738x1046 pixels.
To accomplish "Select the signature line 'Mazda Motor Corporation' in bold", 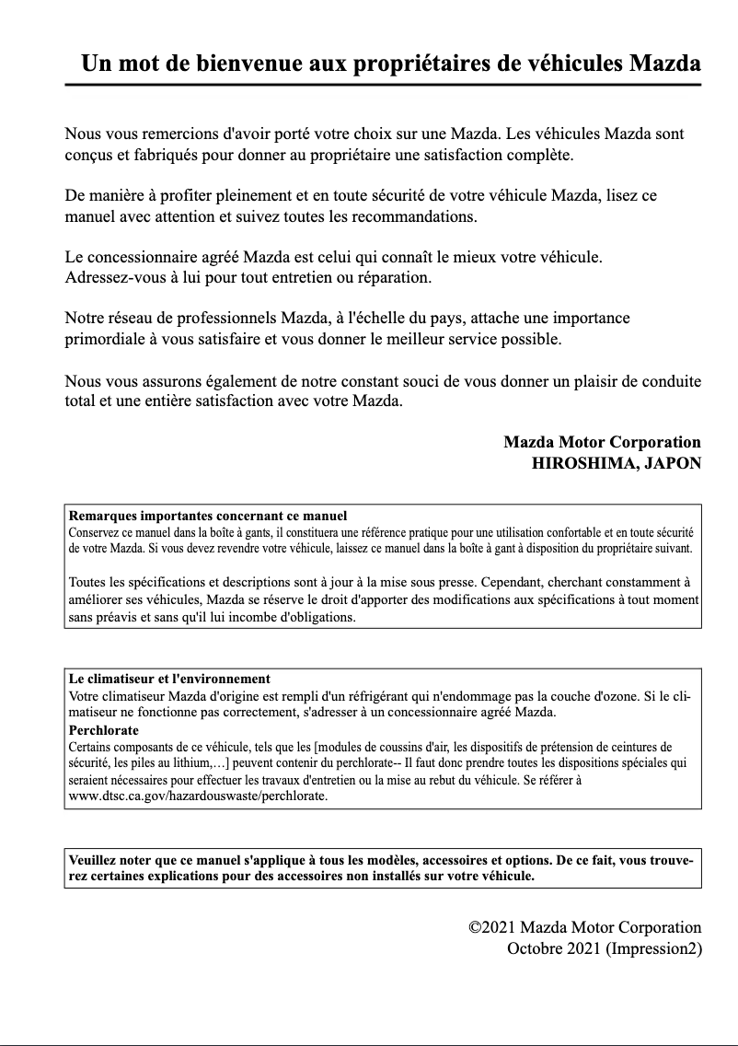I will click(602, 442).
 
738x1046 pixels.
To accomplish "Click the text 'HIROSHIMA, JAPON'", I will click(616, 463).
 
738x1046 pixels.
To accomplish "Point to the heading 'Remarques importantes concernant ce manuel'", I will click(208, 516).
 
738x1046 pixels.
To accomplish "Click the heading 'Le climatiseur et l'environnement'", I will click(169, 679).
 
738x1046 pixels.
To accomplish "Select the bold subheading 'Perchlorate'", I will click(104, 730).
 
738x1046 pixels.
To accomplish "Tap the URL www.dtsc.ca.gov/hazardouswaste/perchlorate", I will click(198, 796).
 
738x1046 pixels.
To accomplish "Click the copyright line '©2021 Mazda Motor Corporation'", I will click(584, 927).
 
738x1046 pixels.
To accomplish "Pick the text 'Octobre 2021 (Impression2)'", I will click(604, 947).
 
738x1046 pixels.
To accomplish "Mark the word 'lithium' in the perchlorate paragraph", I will click(188, 763).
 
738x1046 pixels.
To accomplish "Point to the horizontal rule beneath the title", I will click(383, 85).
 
